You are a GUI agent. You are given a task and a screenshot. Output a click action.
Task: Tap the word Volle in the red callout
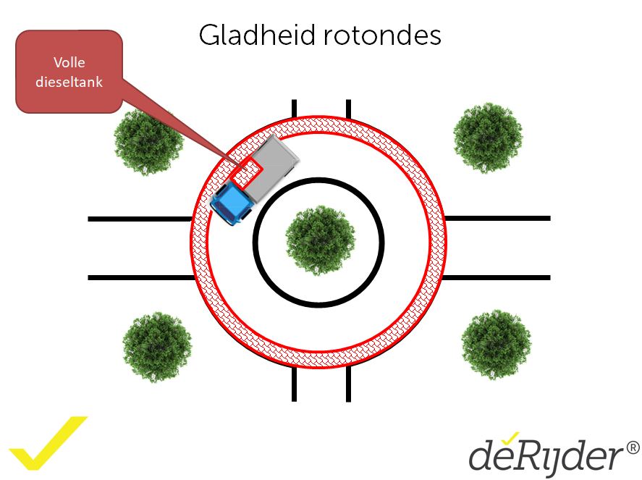tap(69, 62)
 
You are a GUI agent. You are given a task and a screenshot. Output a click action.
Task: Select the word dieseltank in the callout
tap(69, 82)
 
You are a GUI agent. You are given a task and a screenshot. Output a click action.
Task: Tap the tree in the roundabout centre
tap(320, 240)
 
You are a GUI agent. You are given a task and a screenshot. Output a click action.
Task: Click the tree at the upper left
tap(148, 140)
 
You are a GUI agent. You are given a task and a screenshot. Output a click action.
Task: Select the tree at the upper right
tap(487, 138)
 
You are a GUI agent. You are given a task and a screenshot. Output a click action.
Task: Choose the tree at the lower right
tap(496, 344)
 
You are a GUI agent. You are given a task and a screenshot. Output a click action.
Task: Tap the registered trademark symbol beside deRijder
tap(633, 448)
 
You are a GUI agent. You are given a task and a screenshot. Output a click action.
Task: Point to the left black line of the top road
tap(294, 108)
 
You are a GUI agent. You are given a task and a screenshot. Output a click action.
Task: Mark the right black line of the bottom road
tap(348, 383)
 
